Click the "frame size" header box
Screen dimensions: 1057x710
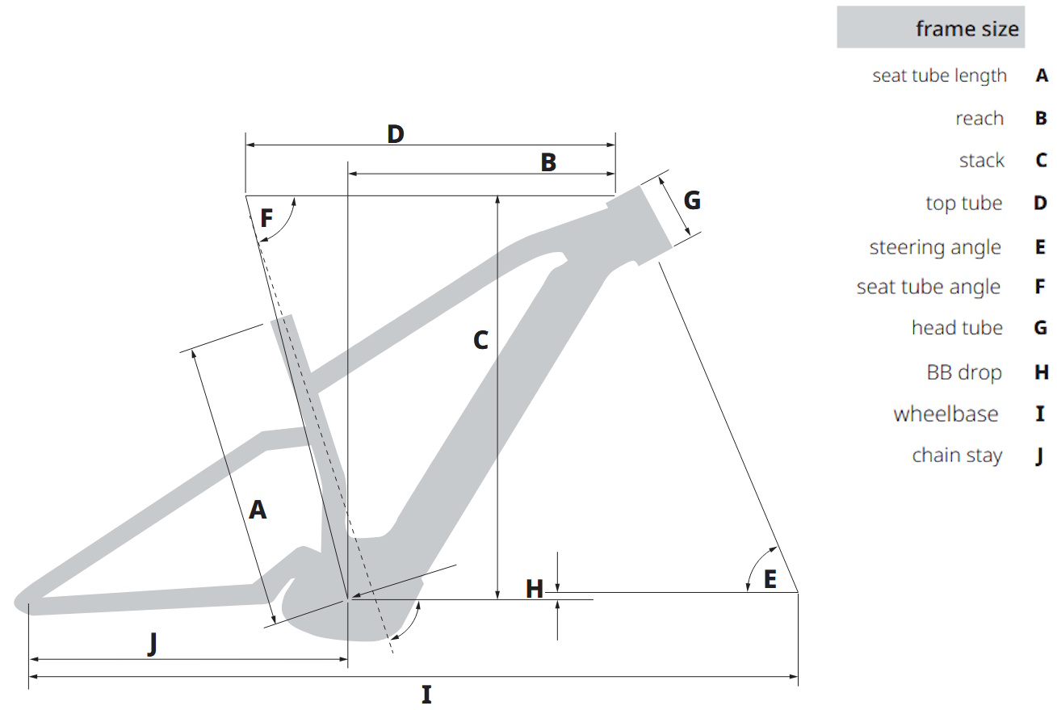pyautogui.click(x=930, y=27)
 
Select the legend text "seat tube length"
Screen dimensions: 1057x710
pyautogui.click(x=939, y=76)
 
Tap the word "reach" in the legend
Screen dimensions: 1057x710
pyautogui.click(x=979, y=119)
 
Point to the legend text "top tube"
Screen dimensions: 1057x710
pyautogui.click(x=963, y=204)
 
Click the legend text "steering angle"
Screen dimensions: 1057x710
pyautogui.click(x=935, y=248)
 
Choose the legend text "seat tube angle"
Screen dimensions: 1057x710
pyautogui.click(x=928, y=288)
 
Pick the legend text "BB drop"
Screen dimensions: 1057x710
pyautogui.click(x=964, y=373)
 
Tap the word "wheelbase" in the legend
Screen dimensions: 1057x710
pyautogui.click(x=946, y=414)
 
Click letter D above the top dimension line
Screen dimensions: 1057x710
pyautogui.click(x=396, y=134)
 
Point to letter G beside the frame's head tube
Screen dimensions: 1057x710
pyautogui.click(x=692, y=200)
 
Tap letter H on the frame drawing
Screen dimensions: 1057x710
pyautogui.click(x=535, y=589)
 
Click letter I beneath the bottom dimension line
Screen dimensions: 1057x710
pyautogui.click(x=426, y=695)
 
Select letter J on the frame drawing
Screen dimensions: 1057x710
pyautogui.click(x=152, y=645)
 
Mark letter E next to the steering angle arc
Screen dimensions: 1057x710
pyautogui.click(x=770, y=580)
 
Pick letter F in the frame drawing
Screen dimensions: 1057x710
pyautogui.click(x=266, y=218)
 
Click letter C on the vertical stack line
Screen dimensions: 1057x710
pyautogui.click(x=480, y=340)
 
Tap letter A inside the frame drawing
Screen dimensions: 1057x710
pyautogui.click(x=258, y=510)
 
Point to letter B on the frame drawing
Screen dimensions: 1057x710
pyautogui.click(x=548, y=162)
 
